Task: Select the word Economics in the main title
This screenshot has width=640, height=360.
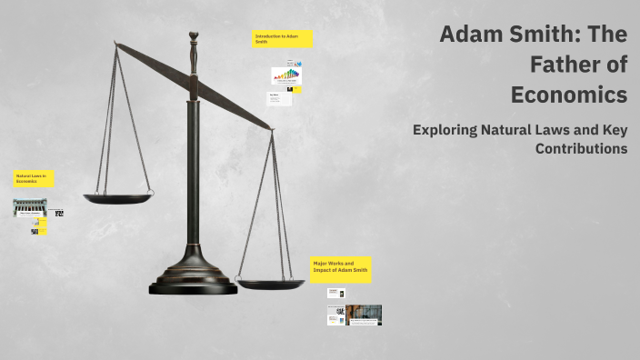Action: pos(569,95)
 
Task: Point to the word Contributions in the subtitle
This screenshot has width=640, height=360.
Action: pos(582,148)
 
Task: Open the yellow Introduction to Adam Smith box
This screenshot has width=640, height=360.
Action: pos(283,39)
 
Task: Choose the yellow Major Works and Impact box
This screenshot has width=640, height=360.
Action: pos(341,269)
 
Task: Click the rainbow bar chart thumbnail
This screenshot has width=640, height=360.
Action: pos(285,75)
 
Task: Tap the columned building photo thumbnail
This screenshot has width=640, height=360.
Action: pos(29,207)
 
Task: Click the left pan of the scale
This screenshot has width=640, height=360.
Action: pos(118,197)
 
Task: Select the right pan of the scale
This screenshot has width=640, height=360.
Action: pos(271,285)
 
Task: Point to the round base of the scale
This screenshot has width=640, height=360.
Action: pos(193,281)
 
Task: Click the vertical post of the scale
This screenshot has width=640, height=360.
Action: pos(193,164)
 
